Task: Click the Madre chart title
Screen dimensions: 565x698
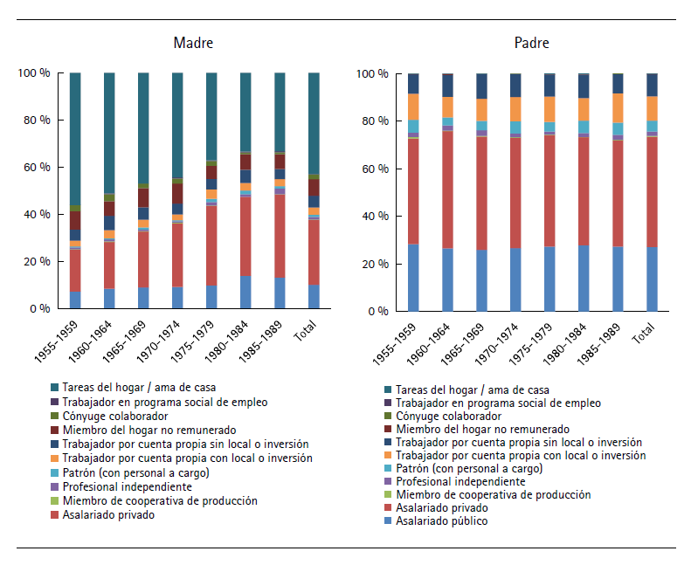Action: coord(193,43)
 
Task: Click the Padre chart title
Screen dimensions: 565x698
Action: coord(532,43)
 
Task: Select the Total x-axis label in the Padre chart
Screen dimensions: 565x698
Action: coord(648,333)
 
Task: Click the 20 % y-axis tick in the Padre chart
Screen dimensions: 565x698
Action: coord(376,264)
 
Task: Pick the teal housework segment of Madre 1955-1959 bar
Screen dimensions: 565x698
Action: coord(75,140)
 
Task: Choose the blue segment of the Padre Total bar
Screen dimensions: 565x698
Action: coord(652,279)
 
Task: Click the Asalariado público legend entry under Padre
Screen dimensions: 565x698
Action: coord(441,521)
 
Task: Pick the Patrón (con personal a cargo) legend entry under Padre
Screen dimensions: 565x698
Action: coord(460,468)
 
